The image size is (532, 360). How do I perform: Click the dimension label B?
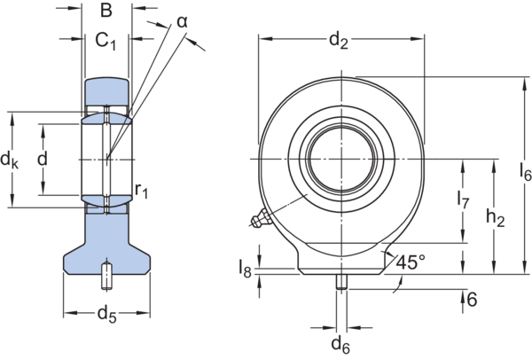click(106, 11)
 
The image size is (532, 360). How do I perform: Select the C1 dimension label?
click(105, 41)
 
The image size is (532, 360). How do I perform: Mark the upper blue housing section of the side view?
click(107, 92)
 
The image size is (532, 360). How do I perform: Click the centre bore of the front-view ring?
click(341, 158)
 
